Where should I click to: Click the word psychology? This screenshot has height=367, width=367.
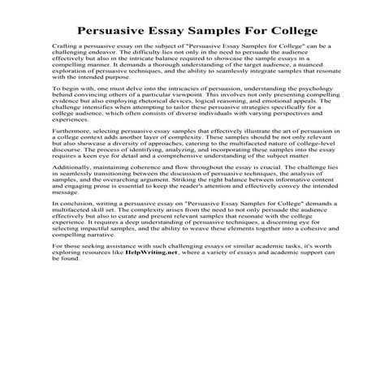point(292,112)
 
